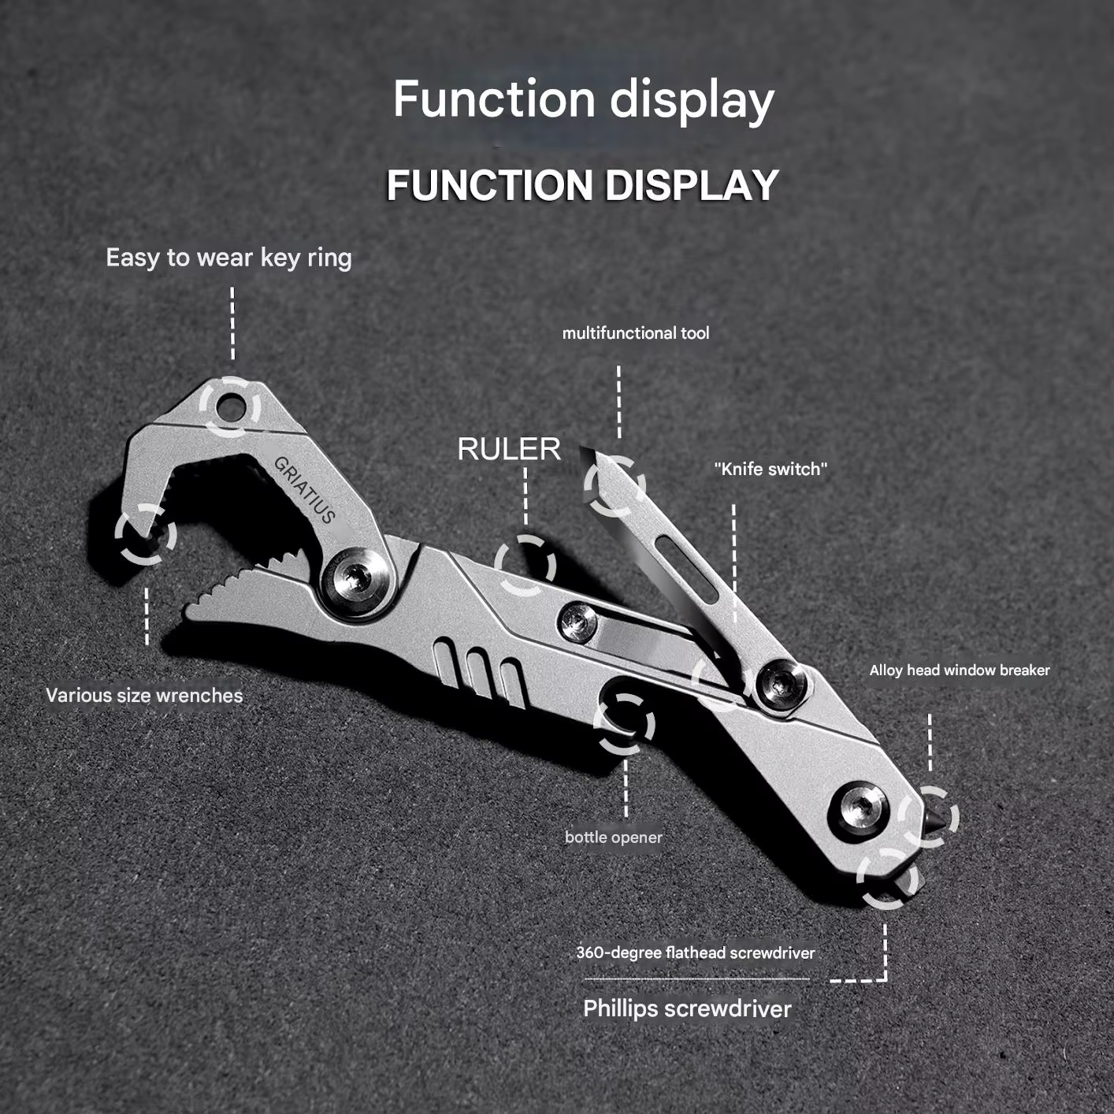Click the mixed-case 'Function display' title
[583, 100]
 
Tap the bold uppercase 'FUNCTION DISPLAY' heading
[583, 185]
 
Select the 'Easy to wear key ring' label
[229, 258]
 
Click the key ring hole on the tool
[230, 406]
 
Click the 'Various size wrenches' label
[144, 695]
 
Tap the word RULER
[509, 449]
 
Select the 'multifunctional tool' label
[635, 333]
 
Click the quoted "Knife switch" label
[771, 469]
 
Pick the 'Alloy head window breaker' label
[960, 670]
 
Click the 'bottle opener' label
[614, 837]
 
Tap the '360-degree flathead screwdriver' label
[696, 952]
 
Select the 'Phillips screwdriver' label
[687, 1008]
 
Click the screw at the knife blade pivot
[781, 683]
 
